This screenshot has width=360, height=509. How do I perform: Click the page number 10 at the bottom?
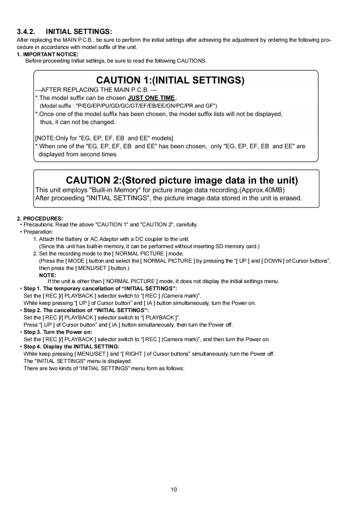pyautogui.click(x=174, y=489)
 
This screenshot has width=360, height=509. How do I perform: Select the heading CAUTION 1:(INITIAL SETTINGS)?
pyautogui.click(x=170, y=80)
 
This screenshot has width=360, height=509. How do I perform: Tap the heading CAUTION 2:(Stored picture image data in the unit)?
pyautogui.click(x=182, y=180)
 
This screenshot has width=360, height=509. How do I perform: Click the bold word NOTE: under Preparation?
pyautogui.click(x=48, y=275)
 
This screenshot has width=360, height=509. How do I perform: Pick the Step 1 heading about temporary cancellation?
pyautogui.click(x=100, y=289)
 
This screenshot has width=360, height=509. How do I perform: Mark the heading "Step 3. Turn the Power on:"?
pyautogui.click(x=58, y=332)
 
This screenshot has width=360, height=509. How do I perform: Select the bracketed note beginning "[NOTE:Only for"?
pyautogui.click(x=104, y=137)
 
